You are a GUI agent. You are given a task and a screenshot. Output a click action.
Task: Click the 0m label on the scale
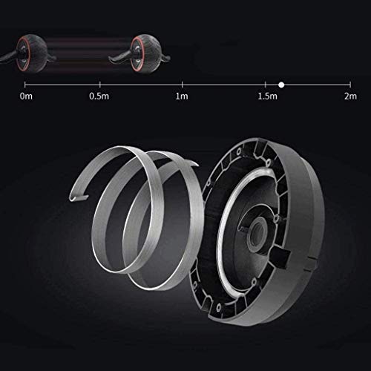tap(27, 96)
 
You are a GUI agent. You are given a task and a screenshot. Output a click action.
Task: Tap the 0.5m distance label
tap(97, 96)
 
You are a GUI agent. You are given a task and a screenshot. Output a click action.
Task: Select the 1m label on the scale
tap(180, 96)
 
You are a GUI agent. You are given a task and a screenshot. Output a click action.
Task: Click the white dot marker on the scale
tap(281, 84)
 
